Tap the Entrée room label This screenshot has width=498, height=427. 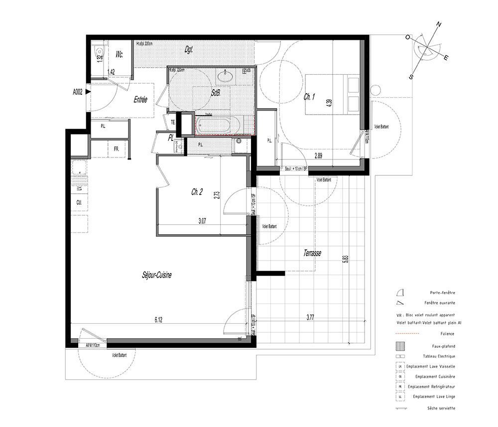140,100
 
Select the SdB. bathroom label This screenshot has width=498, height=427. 216,93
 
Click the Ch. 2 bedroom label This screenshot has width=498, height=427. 197,192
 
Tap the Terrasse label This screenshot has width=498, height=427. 312,253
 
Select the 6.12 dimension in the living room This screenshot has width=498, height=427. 158,320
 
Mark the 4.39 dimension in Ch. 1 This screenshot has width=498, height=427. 328,104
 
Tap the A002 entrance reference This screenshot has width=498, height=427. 78,92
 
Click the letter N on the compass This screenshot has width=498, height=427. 439,24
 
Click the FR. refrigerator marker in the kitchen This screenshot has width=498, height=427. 116,148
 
